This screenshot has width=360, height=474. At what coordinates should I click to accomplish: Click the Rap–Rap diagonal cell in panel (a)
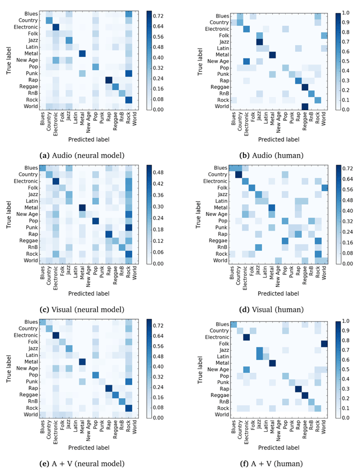click(x=109, y=80)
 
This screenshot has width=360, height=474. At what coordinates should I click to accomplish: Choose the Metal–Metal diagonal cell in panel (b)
click(x=273, y=54)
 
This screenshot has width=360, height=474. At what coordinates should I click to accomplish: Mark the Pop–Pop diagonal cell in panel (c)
click(x=95, y=220)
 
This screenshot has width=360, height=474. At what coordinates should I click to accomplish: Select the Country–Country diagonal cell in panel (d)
click(x=238, y=174)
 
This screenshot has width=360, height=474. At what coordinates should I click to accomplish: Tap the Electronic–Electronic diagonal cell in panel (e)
click(x=55, y=336)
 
